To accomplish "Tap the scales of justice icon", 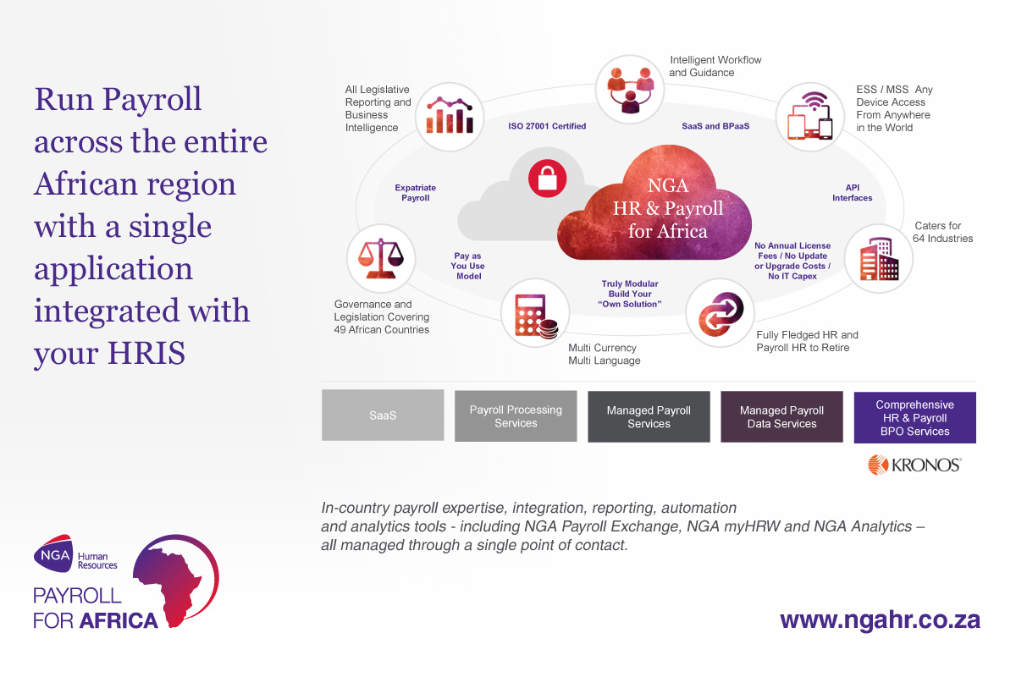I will pyautogui.click(x=381, y=257).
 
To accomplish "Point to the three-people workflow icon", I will pyautogui.click(x=630, y=88).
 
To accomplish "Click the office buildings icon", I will pyautogui.click(x=879, y=258).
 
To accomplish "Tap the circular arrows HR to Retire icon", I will pyautogui.click(x=719, y=313).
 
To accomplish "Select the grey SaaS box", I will pyautogui.click(x=383, y=416).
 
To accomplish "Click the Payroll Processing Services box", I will pyautogui.click(x=516, y=416).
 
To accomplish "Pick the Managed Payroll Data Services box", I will pyautogui.click(x=781, y=417).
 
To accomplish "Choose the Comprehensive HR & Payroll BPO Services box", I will pyautogui.click(x=914, y=418).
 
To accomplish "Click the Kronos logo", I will pyautogui.click(x=914, y=464).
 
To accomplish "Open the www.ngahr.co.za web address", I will pyautogui.click(x=880, y=619).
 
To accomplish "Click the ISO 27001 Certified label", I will pyautogui.click(x=547, y=126).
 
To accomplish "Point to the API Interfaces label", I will pyautogui.click(x=852, y=193).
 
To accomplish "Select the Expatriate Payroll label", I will pyautogui.click(x=416, y=193).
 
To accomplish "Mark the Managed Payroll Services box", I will pyautogui.click(x=649, y=417).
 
